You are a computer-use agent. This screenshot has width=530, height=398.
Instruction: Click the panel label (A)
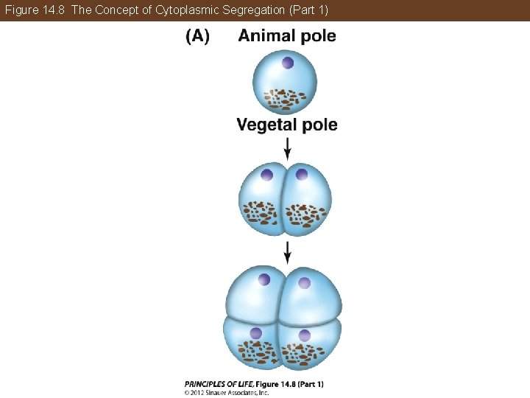pyautogui.click(x=197, y=37)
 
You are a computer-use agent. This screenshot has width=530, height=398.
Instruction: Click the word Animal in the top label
pyautogui.click(x=267, y=36)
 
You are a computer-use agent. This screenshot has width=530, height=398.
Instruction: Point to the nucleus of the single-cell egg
pyautogui.click(x=287, y=63)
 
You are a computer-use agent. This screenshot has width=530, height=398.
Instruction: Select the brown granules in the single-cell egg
pyautogui.click(x=286, y=98)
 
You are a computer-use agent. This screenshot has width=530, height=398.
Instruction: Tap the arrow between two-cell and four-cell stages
pyautogui.click(x=287, y=251)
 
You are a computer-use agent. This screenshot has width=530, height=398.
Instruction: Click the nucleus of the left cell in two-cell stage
pyautogui.click(x=266, y=175)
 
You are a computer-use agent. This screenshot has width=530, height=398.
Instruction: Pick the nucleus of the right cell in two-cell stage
pyautogui.click(x=301, y=175)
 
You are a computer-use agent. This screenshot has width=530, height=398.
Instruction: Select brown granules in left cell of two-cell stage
pyautogui.click(x=258, y=213)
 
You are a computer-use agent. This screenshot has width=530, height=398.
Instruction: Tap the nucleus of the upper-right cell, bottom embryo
pyautogui.click(x=303, y=282)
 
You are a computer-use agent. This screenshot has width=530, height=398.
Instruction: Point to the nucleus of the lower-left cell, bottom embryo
pyautogui.click(x=255, y=333)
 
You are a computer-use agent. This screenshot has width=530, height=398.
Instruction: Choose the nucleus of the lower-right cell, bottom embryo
pyautogui.click(x=304, y=335)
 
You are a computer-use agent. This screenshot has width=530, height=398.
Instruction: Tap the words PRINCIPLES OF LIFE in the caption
pyautogui.click(x=219, y=384)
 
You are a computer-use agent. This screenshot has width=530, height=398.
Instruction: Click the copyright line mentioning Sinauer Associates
pyautogui.click(x=227, y=392)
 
